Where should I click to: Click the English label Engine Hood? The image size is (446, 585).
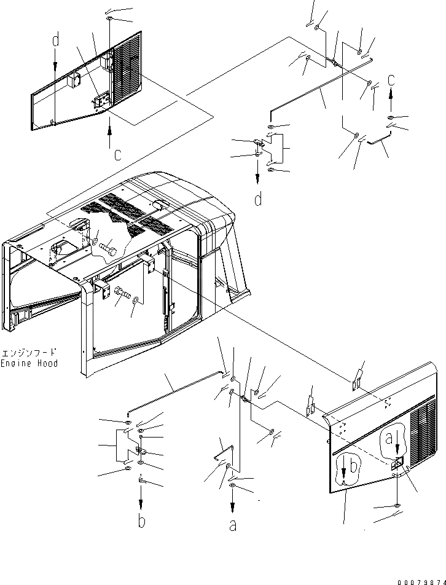pos(29,363)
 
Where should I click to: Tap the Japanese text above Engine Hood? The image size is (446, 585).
pos(29,353)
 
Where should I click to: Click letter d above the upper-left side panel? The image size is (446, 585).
pos(55,41)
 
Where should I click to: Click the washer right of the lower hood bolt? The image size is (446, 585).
pos(135,301)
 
